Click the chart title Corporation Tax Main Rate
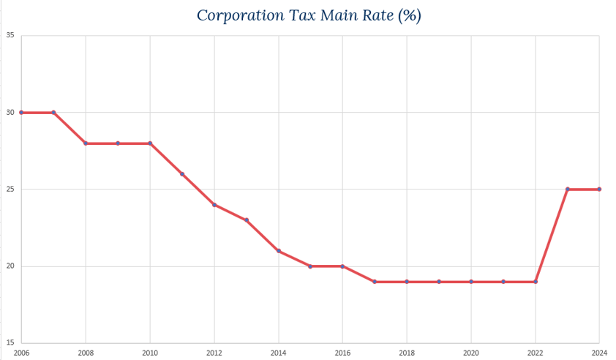(x=307, y=15)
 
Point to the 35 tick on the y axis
(x=10, y=35)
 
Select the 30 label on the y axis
(x=10, y=112)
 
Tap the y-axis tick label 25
(x=10, y=189)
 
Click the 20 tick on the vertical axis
(x=10, y=266)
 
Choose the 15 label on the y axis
(x=10, y=342)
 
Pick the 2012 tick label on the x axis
(x=214, y=352)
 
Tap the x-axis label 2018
(x=407, y=352)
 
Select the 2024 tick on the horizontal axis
(x=598, y=352)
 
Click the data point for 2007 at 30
(x=53, y=113)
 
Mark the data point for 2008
(x=86, y=143)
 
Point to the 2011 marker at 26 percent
(x=182, y=174)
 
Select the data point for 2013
(x=247, y=220)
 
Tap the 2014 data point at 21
(x=279, y=251)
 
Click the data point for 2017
(x=375, y=282)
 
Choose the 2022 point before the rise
(x=536, y=282)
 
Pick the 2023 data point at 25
(x=568, y=190)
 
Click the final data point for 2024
(x=599, y=190)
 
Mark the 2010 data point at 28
(x=150, y=143)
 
